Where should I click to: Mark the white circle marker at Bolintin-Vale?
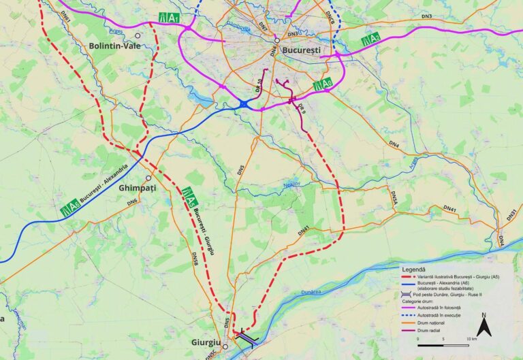[x=138, y=35]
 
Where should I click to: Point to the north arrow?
[x=483, y=327]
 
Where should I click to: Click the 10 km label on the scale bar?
[x=471, y=338]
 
